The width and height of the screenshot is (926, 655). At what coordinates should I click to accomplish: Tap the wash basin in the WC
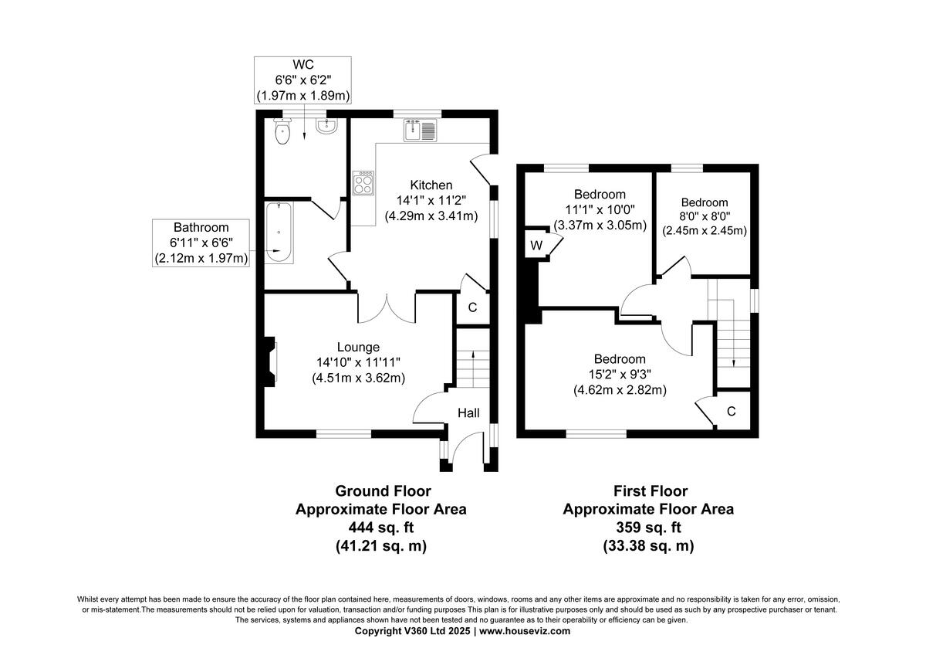(x=326, y=128)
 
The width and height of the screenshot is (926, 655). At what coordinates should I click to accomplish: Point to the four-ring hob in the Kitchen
(x=363, y=184)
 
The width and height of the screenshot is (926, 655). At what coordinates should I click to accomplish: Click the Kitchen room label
(x=431, y=185)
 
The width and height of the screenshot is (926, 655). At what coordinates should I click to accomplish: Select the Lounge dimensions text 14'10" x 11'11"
(x=358, y=362)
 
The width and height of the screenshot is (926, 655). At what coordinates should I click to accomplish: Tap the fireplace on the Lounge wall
(x=270, y=361)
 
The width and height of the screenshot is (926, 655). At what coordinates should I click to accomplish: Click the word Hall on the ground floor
(x=468, y=414)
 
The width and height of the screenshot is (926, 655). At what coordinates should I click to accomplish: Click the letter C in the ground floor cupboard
(x=472, y=307)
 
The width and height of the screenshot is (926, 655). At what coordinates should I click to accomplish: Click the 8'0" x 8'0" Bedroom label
(x=704, y=217)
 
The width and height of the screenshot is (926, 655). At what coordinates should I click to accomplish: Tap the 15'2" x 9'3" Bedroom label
(x=619, y=375)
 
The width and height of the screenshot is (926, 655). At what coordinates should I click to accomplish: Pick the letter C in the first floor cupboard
(x=731, y=411)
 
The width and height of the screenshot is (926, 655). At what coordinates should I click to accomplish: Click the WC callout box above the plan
(x=303, y=80)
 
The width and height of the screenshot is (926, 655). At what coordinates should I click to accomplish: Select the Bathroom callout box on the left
(x=201, y=243)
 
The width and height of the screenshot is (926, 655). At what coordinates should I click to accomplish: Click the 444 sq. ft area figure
(x=383, y=528)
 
